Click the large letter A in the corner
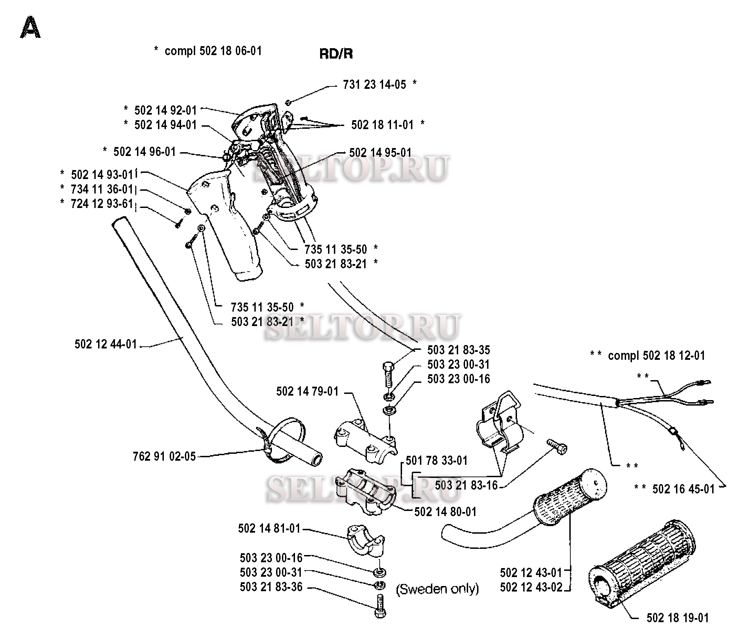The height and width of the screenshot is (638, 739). tap(30, 28)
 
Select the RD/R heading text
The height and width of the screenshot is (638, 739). tap(336, 54)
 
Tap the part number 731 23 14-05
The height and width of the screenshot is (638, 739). tap(374, 85)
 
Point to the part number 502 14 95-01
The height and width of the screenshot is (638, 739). tap(380, 153)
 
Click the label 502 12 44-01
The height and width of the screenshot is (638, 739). tap(106, 344)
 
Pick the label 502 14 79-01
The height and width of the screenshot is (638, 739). tap(307, 391)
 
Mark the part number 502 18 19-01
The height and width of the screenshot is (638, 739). tap(677, 618)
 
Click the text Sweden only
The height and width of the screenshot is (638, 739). tap(437, 589)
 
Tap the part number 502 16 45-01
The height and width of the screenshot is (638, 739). tap(683, 489)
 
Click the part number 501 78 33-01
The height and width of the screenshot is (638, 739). tap(436, 461)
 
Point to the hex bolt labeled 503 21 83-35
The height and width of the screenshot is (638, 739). tap(388, 374)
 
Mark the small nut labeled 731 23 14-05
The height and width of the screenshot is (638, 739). tap(288, 103)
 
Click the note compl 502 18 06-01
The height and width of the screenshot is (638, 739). tap(213, 51)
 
